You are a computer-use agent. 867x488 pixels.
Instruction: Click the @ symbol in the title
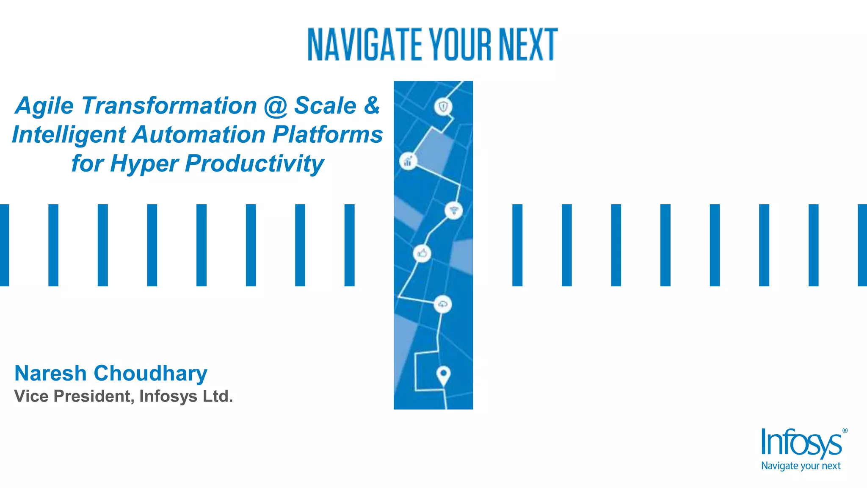coord(276,106)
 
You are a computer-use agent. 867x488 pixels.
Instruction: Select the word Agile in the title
coord(44,106)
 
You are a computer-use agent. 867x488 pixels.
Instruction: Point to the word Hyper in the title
coord(144,164)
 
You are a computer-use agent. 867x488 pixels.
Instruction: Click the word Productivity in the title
coord(254,164)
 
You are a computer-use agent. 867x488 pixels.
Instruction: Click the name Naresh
coord(50,373)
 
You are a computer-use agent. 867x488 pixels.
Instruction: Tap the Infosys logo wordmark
coord(801,443)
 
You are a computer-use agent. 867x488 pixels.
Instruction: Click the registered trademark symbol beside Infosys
coord(845,430)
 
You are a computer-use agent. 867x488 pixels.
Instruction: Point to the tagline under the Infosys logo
coord(801,466)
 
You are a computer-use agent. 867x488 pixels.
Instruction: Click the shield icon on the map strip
coord(443,107)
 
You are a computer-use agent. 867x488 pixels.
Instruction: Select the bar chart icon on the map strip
coord(408,161)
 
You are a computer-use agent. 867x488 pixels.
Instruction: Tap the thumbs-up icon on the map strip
coord(422,253)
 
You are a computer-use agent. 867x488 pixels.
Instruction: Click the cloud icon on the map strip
coord(443,304)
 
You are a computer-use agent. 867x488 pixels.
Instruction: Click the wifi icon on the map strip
coord(454,210)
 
